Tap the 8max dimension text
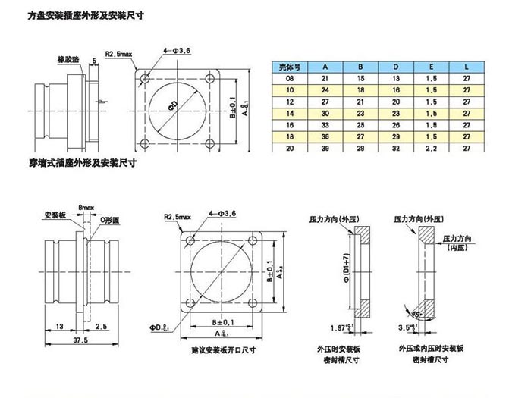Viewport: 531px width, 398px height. point(83,206)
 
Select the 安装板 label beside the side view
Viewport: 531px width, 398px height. point(57,215)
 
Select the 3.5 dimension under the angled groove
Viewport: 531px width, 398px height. point(407,328)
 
